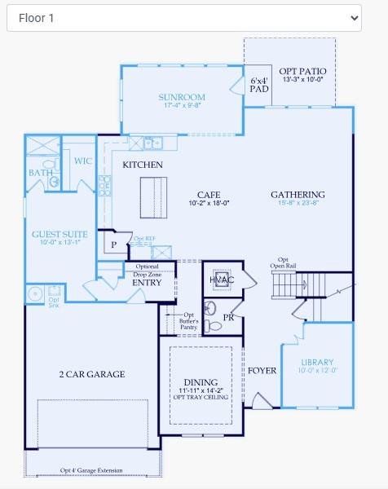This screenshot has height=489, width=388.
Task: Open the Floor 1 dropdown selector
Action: point(183,17)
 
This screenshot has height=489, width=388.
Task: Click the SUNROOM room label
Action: point(182,98)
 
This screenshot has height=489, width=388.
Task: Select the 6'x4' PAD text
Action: point(259,84)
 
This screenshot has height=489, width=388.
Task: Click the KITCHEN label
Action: point(143,165)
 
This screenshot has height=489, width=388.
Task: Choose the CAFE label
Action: point(209,194)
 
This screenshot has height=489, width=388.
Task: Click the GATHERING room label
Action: point(298,195)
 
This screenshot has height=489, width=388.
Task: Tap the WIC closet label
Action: point(82,161)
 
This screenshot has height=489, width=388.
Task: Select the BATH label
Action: point(40,173)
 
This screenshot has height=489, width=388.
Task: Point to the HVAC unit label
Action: point(222,280)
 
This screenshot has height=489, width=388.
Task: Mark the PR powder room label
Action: point(229,317)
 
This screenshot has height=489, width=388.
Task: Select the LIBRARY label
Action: point(317,362)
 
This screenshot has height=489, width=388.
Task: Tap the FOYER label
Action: point(262,371)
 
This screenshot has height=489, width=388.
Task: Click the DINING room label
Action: point(201,382)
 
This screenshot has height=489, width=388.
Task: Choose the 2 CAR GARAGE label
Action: point(91,374)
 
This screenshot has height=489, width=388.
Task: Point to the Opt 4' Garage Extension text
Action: point(91,470)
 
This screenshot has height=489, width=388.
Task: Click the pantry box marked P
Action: point(112,244)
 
